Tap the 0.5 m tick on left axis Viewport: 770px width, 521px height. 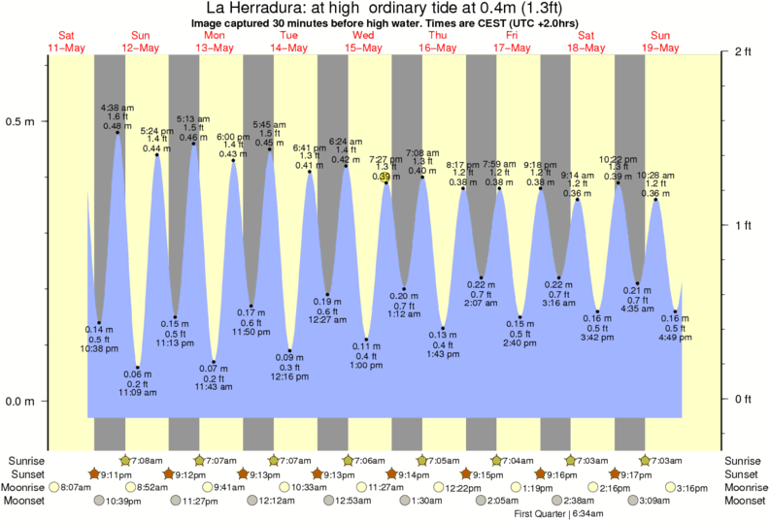coord(21,122)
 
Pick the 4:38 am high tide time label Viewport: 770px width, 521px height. coord(117,108)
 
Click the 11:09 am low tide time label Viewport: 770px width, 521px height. coord(139,391)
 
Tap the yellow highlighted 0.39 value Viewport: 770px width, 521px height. coord(385,177)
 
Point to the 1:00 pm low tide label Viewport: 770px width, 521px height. coord(366,366)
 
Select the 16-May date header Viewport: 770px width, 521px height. coord(438,48)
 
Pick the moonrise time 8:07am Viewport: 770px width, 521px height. coord(74,487)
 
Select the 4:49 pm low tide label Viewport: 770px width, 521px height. coord(676,339)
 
